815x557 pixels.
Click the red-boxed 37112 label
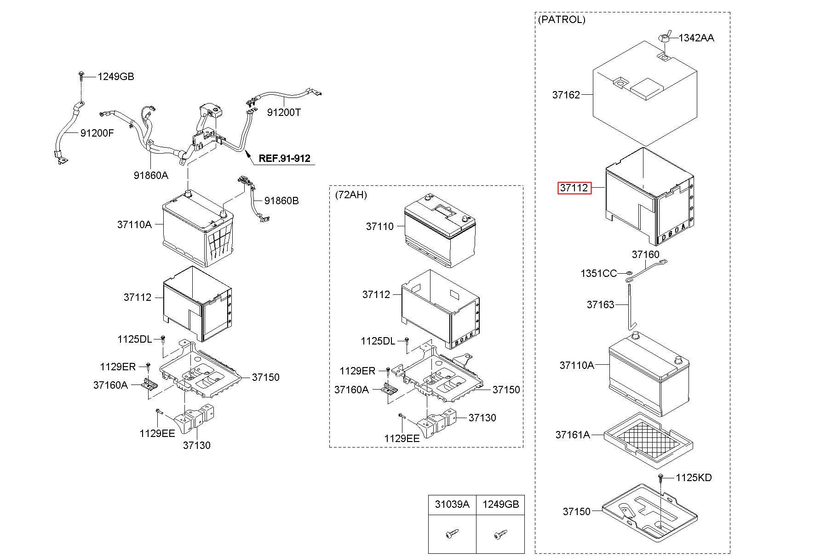click(574, 188)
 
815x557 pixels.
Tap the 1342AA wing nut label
click(696, 38)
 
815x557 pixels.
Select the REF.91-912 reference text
click(284, 158)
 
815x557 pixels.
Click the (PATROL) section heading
click(561, 20)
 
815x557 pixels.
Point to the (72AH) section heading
click(351, 195)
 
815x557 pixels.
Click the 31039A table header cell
click(452, 504)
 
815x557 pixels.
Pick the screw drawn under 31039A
click(450, 534)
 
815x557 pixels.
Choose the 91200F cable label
click(97, 133)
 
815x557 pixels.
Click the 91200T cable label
click(284, 112)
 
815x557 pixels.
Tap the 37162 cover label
click(566, 95)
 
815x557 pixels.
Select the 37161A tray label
click(573, 435)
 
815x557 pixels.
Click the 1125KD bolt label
click(694, 478)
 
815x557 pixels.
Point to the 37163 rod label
click(600, 304)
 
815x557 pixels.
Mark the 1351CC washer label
click(598, 274)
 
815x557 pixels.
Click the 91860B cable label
click(281, 201)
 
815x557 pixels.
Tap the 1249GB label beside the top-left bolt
click(115, 77)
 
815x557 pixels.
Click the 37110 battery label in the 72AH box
click(380, 226)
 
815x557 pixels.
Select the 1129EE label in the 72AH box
click(402, 439)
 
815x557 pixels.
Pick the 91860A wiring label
click(151, 175)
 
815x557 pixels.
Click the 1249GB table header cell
click(500, 504)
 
